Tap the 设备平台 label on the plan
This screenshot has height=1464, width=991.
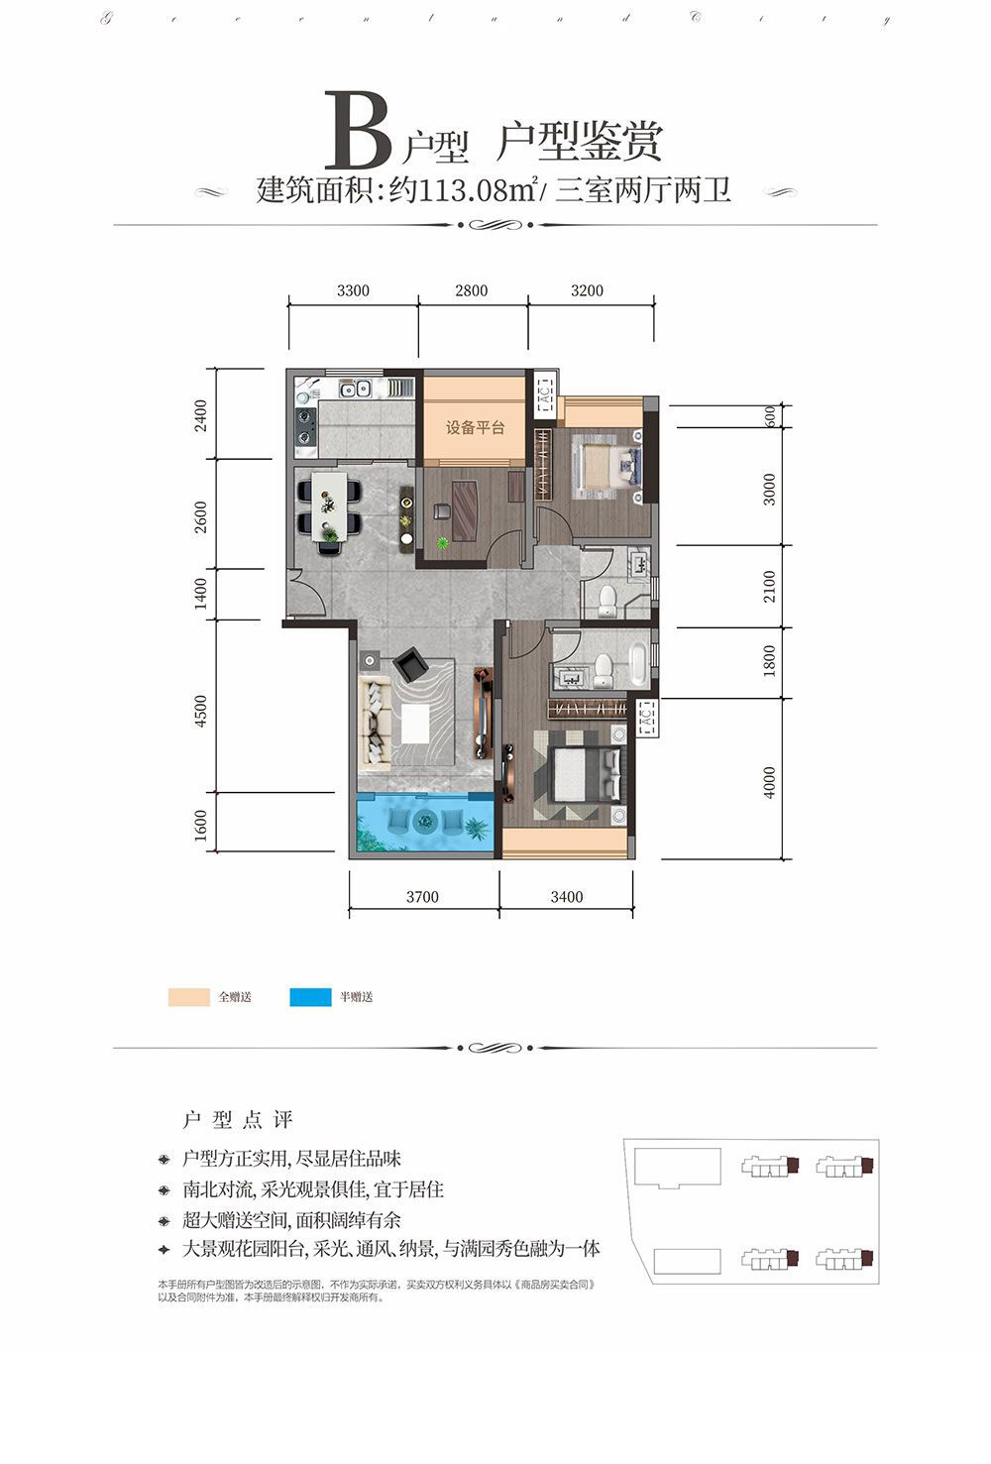pyautogui.click(x=475, y=428)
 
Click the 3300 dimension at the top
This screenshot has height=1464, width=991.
pyautogui.click(x=353, y=290)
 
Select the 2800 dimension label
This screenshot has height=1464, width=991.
pyautogui.click(x=472, y=290)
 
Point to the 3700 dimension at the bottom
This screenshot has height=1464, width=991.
pyautogui.click(x=422, y=897)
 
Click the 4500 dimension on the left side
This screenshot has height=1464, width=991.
pyautogui.click(x=202, y=712)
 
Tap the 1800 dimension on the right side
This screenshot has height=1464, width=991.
pyautogui.click(x=770, y=662)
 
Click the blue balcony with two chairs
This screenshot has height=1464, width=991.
pyautogui.click(x=425, y=822)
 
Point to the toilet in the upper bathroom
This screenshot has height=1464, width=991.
pyautogui.click(x=607, y=599)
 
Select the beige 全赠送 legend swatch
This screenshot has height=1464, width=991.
pyautogui.click(x=188, y=997)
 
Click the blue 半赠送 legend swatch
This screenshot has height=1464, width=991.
pyautogui.click(x=310, y=997)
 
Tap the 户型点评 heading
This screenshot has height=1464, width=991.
pyautogui.click(x=239, y=1120)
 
